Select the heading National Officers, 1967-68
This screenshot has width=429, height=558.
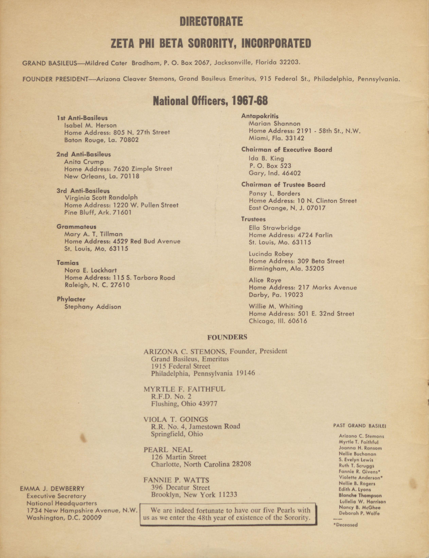[x=210, y=101]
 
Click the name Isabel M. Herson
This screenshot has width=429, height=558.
[x=90, y=125]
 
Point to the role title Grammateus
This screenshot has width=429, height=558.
[x=77, y=227]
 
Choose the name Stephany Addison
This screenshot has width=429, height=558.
[x=93, y=307]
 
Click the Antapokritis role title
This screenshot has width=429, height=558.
[x=260, y=116]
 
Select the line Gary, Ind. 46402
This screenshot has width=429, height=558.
[x=275, y=173]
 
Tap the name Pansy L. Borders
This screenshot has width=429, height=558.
[x=274, y=193]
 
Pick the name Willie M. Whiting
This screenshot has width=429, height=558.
[x=276, y=306]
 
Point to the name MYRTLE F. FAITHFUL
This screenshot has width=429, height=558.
[x=184, y=389]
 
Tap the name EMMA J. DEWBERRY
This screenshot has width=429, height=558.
[x=52, y=489]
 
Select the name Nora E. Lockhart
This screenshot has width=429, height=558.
[x=91, y=270]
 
